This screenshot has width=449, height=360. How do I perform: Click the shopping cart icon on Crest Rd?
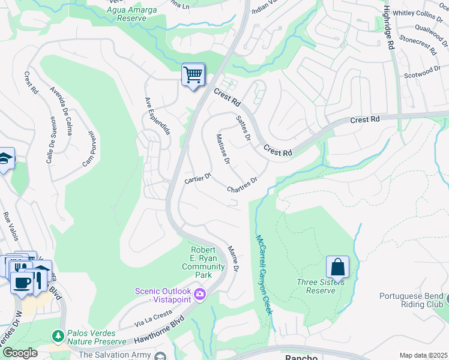(193, 76)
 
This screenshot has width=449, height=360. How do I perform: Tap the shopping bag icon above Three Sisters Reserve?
(337, 267)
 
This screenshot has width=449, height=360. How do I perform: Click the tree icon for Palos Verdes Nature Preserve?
(58, 335)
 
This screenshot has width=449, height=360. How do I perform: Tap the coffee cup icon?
(23, 282)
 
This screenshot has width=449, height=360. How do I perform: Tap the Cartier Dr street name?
(198, 179)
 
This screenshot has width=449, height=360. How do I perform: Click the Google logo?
(19, 353)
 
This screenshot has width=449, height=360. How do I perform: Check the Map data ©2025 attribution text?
(423, 355)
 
